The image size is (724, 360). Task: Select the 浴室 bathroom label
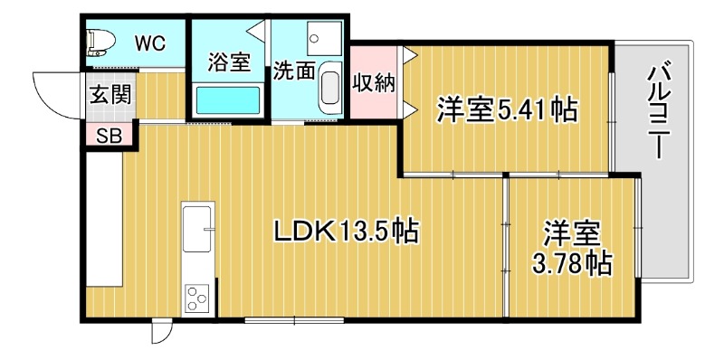[x=227, y=62]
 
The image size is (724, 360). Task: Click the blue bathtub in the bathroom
[x=227, y=99]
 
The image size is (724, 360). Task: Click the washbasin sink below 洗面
[x=329, y=89]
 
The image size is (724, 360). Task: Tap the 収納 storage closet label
[x=374, y=82]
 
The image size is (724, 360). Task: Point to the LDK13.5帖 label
[x=346, y=232]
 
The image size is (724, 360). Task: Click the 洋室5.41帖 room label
[x=507, y=110]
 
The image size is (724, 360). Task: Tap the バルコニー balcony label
[x=659, y=108]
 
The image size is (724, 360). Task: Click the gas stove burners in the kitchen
[x=196, y=295]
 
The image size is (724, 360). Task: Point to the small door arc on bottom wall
[x=159, y=332]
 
